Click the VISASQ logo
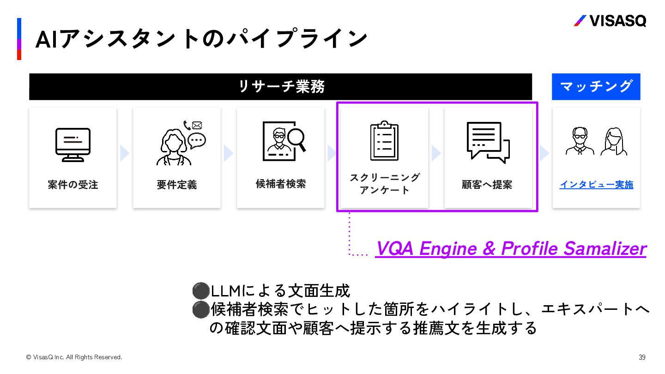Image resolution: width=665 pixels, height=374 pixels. pos(610,21)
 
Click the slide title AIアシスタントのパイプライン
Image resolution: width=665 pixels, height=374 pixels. pos(201,39)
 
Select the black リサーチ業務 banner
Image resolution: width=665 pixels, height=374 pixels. pos(280,86)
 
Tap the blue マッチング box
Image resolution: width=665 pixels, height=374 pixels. pos(596,86)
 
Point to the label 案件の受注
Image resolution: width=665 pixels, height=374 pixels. pos(73,185)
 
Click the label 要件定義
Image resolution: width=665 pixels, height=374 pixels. pos(176,185)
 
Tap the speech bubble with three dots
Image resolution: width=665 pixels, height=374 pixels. pos(197,139)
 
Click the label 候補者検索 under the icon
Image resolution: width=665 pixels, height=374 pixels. pos(280,184)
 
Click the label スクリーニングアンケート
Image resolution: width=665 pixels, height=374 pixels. pos(384,184)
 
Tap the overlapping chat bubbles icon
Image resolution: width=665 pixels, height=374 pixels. pos(488,142)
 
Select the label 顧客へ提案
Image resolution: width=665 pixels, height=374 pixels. pos(487,185)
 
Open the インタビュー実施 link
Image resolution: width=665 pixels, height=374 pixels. pos(596,185)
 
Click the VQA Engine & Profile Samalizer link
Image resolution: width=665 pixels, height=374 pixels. pos(510,248)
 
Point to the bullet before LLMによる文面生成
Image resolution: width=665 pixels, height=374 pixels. pos(200,291)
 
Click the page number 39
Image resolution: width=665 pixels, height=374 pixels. pos(642,357)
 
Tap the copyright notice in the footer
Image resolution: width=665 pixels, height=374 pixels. pos(74,357)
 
